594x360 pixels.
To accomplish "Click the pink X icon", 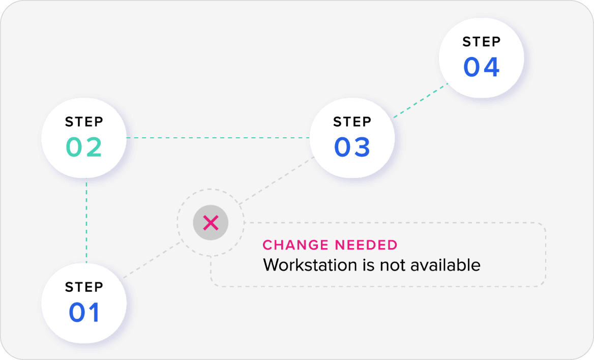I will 211,222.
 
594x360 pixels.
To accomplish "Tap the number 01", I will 84,312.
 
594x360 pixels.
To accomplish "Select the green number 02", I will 84,147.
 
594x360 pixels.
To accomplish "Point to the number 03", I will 352,147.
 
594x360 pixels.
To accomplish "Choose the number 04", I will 481,67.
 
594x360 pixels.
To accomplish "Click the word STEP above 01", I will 84,287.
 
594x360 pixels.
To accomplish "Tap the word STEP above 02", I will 84,122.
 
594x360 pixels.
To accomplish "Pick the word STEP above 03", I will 352,122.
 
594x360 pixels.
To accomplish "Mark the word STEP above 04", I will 481,42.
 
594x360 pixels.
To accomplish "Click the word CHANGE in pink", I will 295,245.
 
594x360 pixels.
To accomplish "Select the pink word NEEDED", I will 366,245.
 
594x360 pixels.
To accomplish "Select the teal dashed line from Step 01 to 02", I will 87,219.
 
